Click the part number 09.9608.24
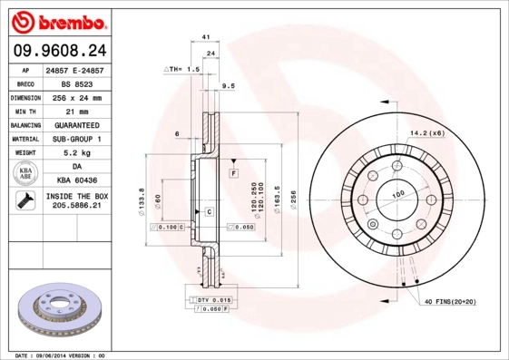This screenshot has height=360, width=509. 59,52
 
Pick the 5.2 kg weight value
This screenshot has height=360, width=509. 76,153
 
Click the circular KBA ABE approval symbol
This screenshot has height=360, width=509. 24,175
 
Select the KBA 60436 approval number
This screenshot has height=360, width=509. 76,181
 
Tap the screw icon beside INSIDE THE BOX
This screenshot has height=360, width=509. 22,201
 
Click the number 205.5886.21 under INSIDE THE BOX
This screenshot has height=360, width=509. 76,207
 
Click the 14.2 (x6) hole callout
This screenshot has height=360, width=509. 426,133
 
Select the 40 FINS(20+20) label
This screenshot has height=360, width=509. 449,300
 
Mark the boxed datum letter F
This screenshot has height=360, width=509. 233,172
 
